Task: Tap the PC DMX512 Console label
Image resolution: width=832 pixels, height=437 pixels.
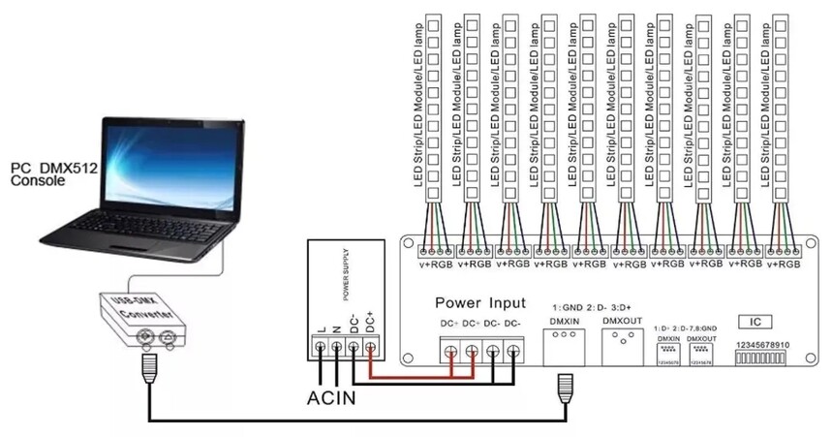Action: click(x=47, y=173)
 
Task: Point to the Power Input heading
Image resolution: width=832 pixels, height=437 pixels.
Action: click(x=480, y=303)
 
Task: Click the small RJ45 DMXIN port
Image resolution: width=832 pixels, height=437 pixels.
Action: click(x=669, y=353)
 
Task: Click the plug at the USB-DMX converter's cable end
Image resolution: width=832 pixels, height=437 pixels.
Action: click(x=149, y=366)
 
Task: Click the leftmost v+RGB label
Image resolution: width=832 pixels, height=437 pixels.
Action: click(x=434, y=263)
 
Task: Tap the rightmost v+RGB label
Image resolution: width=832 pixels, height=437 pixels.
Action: click(x=784, y=263)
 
